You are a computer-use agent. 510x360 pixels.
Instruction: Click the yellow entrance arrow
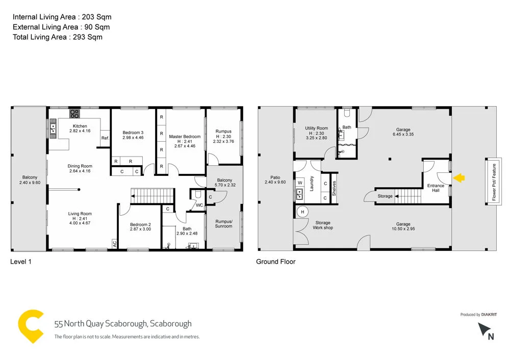click(x=459, y=177)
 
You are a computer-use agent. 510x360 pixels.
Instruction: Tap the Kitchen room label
click(x=80, y=126)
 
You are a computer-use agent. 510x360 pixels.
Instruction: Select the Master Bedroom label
click(x=185, y=137)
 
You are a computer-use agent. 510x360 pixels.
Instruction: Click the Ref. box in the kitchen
click(x=105, y=138)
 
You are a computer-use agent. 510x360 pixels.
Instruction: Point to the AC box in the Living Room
click(x=114, y=244)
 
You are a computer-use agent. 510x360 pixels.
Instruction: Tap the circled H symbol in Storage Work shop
click(x=302, y=212)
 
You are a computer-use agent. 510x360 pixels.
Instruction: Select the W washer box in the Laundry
click(x=300, y=182)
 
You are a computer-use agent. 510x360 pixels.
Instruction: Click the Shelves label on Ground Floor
click(x=335, y=188)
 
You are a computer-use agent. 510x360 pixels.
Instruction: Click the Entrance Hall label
click(x=435, y=188)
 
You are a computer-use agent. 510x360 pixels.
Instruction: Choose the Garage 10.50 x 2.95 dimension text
click(x=403, y=230)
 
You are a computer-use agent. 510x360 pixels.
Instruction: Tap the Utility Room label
click(x=316, y=128)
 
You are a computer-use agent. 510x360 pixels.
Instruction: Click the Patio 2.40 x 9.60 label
click(x=275, y=179)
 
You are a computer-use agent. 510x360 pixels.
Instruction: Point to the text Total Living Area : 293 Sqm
click(x=58, y=37)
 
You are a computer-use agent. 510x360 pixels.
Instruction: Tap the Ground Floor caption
click(x=276, y=262)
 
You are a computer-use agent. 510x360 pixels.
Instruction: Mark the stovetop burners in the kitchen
click(x=74, y=114)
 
